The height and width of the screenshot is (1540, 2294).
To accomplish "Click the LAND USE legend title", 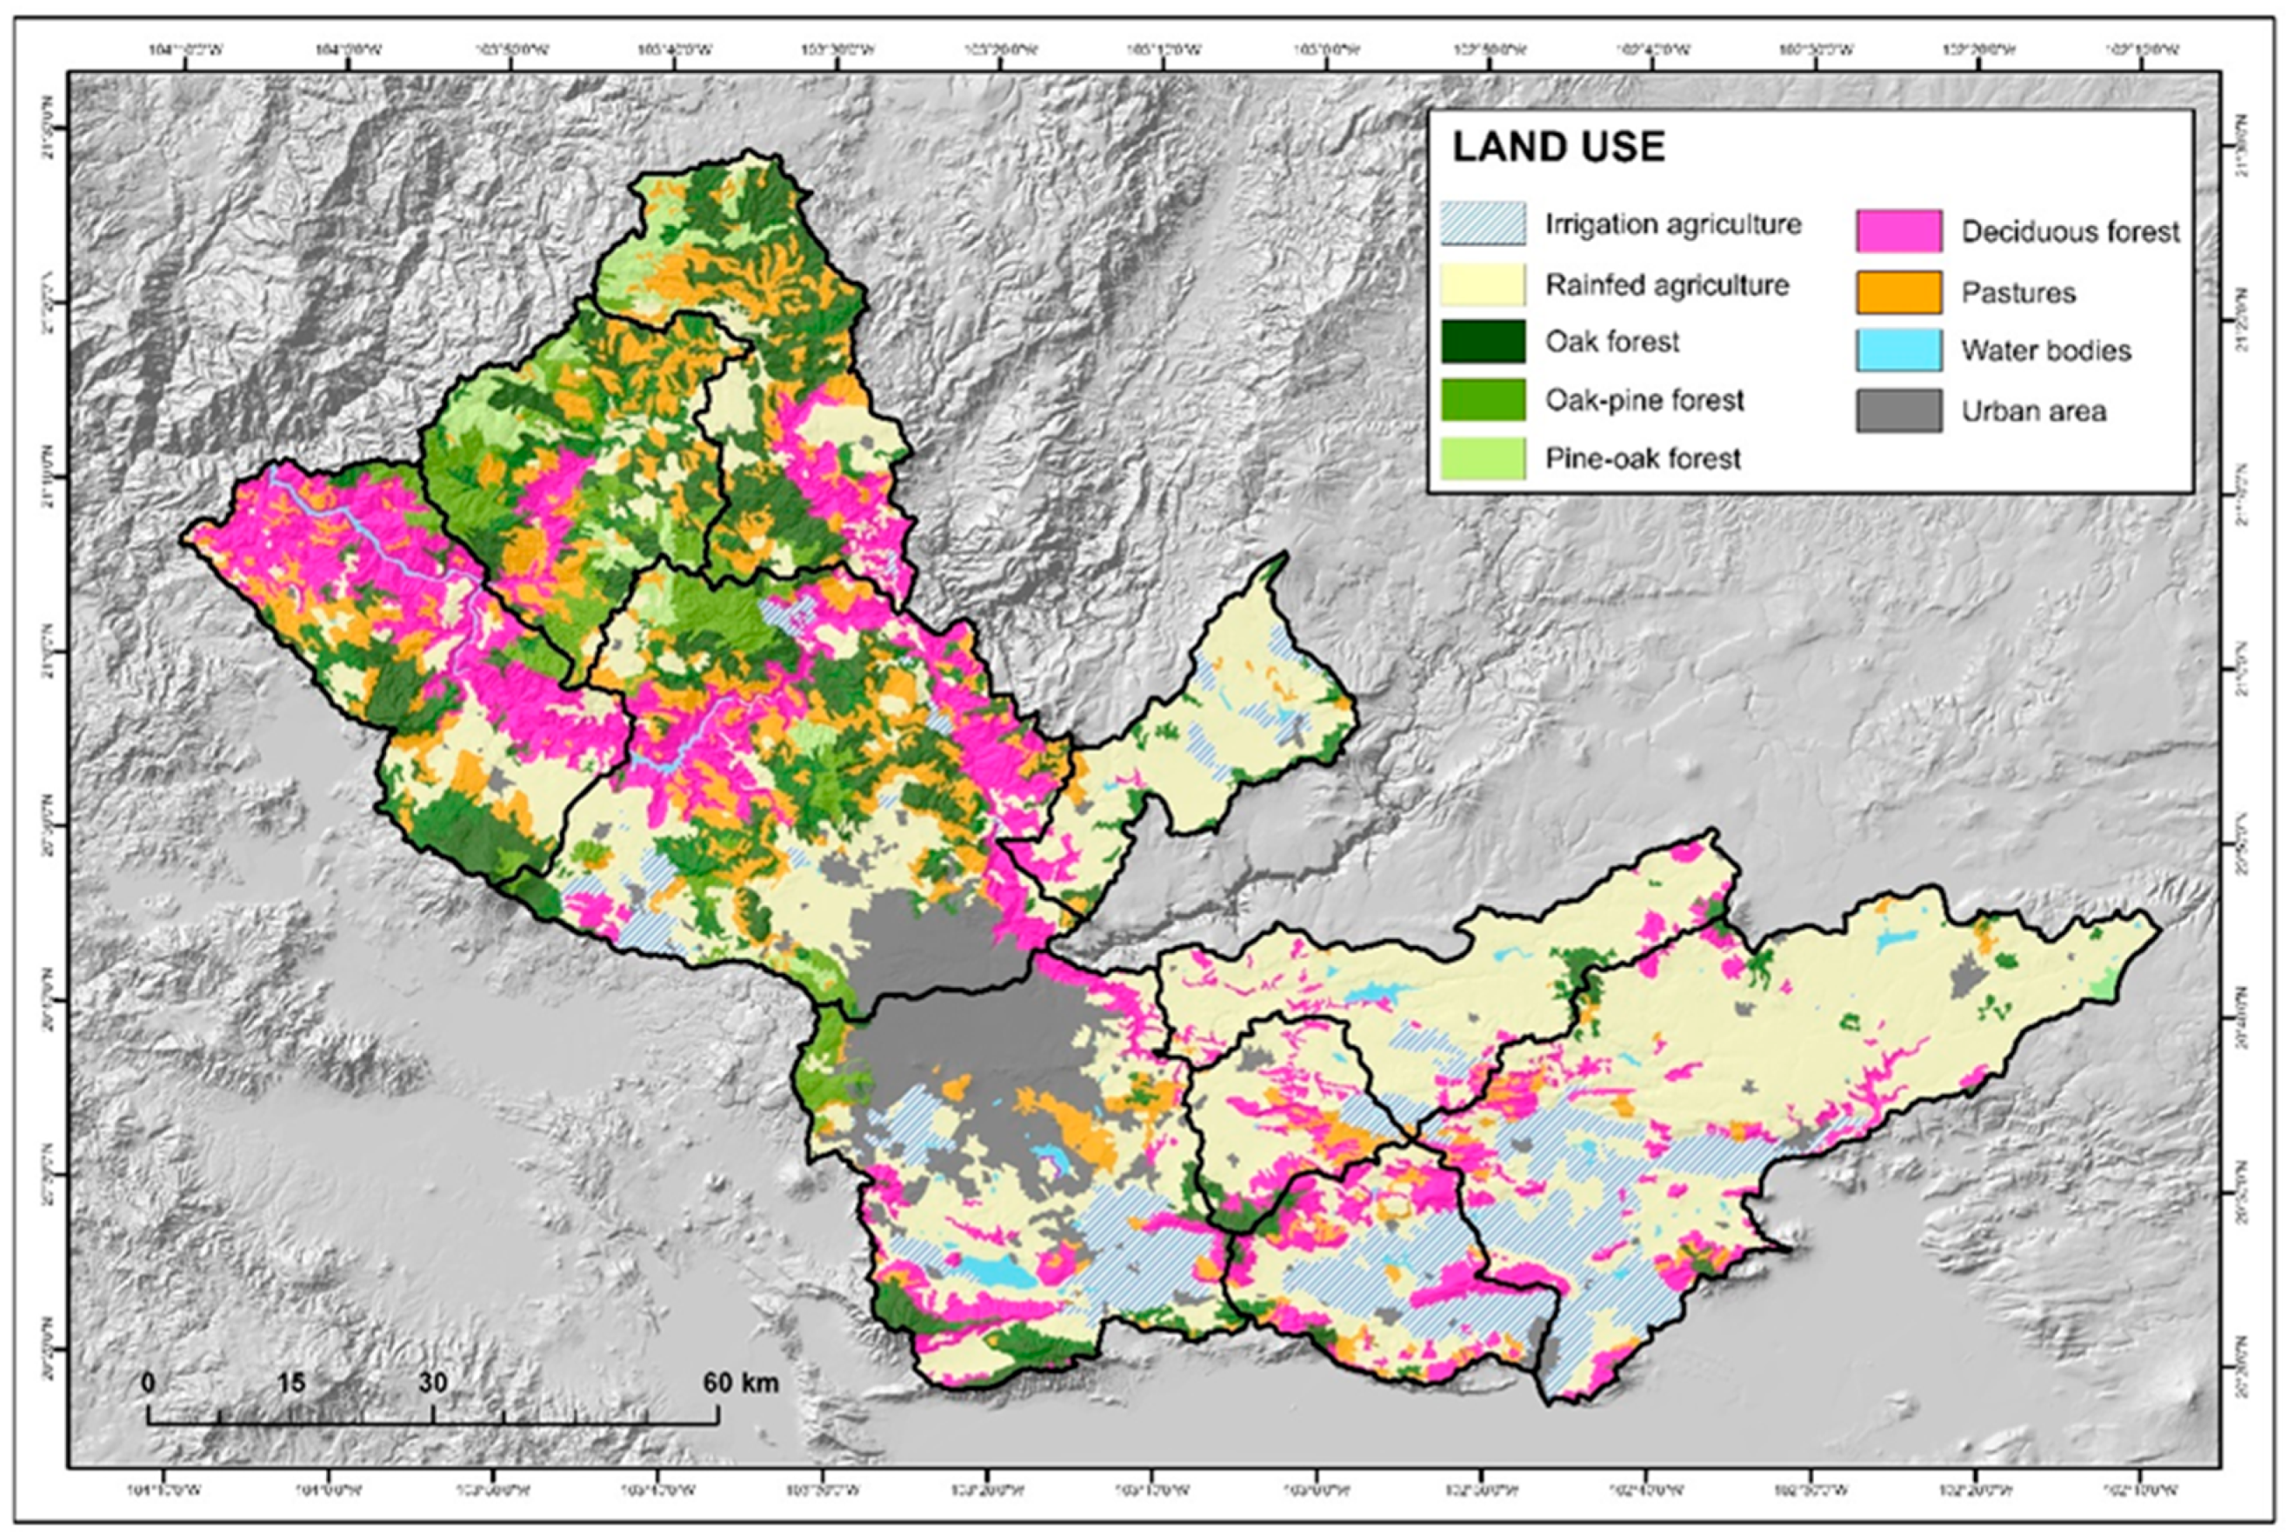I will [1558, 147].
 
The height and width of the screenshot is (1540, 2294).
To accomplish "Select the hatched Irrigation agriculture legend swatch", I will [1483, 224].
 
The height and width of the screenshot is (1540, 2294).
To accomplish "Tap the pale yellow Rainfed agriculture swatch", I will [1483, 285].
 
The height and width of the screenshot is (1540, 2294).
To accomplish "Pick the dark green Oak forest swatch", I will [1483, 342].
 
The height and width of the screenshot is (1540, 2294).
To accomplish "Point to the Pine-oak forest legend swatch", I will [1483, 458].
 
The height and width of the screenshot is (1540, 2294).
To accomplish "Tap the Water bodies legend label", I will [2046, 351].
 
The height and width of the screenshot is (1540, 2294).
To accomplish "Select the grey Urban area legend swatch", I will [1898, 410].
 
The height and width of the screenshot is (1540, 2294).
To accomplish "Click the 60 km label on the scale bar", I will [740, 1383].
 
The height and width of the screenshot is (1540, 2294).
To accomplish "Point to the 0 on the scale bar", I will [149, 1383].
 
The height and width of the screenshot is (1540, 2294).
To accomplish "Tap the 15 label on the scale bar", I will [290, 1383].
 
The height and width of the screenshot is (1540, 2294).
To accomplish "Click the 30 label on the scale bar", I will [433, 1383].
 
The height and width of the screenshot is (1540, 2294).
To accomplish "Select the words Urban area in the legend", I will [2034, 411].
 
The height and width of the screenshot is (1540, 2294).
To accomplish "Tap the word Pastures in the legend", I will [2018, 293].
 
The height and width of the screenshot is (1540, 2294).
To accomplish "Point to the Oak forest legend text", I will [1611, 342].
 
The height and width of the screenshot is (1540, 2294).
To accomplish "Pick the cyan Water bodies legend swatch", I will [1898, 350].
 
